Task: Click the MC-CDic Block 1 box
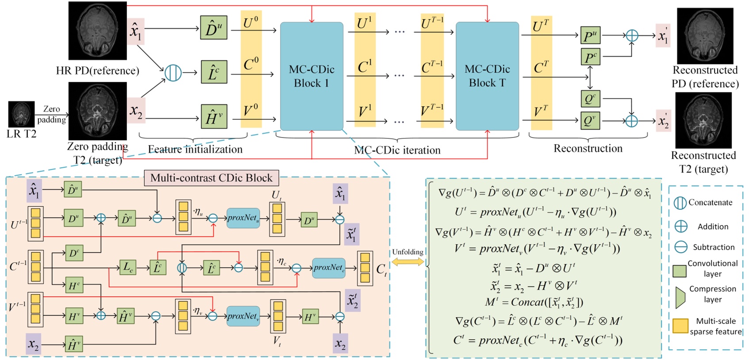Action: coord(311,76)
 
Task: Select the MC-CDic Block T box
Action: coord(487,76)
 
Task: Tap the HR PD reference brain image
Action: coord(98,31)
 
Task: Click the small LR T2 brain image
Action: coord(21,114)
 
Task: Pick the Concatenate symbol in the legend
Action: coord(680,203)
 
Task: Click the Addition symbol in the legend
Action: coord(681,226)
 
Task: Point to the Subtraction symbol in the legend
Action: coord(681,247)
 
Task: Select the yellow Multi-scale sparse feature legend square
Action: coord(680,326)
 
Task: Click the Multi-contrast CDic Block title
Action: coord(211,178)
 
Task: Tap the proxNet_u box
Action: coord(243,218)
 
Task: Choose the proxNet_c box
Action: coord(329,268)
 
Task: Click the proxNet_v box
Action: coord(243,316)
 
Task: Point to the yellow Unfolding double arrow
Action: coord(407,262)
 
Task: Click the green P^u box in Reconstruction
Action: coord(590,35)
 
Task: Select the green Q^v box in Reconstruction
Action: coord(590,120)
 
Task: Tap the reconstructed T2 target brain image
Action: coord(703,120)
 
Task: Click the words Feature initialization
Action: coord(195,149)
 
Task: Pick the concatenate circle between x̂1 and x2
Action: coord(173,73)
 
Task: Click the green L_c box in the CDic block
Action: coord(128,268)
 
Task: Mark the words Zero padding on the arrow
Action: coord(51,114)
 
